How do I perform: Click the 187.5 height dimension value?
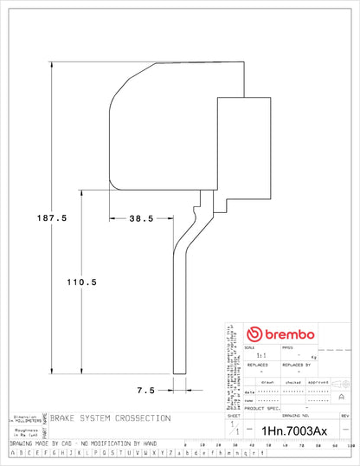click(51, 218)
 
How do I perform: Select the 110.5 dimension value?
click(82, 282)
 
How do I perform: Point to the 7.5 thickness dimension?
click(145, 390)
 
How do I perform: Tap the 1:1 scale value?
click(250, 356)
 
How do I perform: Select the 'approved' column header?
click(319, 381)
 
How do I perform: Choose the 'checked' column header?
click(293, 381)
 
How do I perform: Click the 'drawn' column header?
click(268, 381)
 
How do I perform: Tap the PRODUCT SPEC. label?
click(262, 408)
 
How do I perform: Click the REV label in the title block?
click(344, 417)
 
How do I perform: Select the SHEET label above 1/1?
click(232, 417)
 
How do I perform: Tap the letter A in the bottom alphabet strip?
click(10, 452)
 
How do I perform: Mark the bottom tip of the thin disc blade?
click(179, 373)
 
